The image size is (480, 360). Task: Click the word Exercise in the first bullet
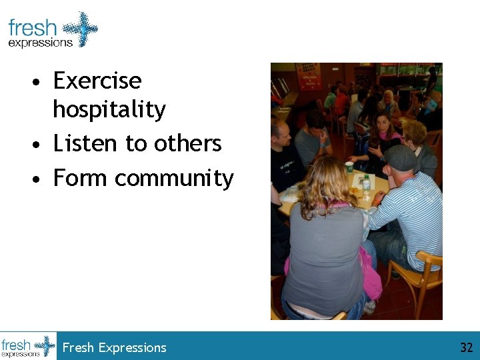[97, 81]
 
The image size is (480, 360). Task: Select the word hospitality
[109, 109]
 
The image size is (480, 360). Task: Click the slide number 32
[466, 347]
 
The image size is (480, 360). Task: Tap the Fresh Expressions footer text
[114, 347]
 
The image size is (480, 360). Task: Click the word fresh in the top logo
[33, 28]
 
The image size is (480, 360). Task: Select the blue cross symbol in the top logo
[79, 29]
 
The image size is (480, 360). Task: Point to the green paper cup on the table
[349, 167]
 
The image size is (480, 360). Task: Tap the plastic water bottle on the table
[366, 181]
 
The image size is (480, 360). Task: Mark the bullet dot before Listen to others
[40, 145]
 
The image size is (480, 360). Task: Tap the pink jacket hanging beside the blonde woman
[369, 273]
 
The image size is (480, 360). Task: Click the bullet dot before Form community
[40, 179]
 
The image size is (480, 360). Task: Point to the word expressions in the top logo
[40, 43]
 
